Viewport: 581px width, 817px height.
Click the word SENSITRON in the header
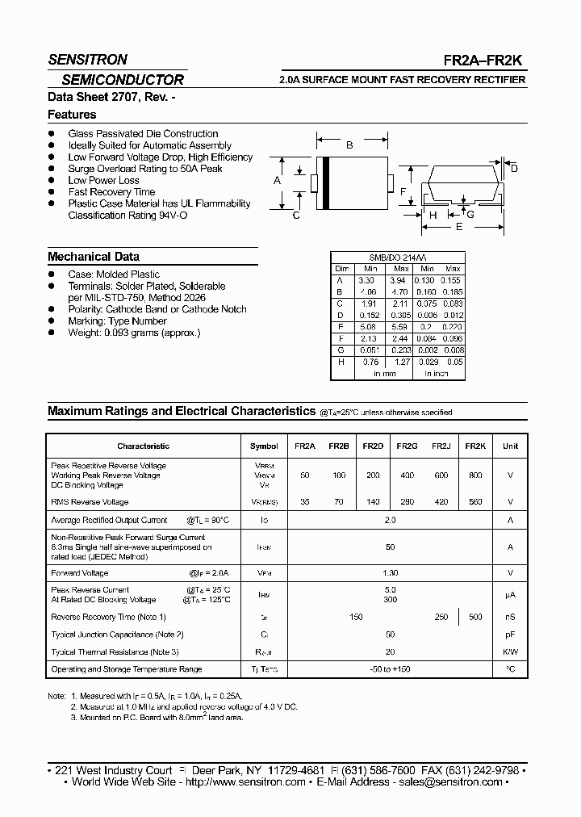tap(87, 60)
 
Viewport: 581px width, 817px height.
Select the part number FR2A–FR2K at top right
tap(495, 61)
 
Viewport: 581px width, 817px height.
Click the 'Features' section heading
tap(72, 115)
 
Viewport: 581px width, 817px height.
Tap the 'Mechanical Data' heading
tap(93, 257)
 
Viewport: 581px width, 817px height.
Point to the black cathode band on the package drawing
tap(326, 182)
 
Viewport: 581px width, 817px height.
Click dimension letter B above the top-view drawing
tap(349, 146)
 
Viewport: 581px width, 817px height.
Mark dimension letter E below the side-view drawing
tap(459, 228)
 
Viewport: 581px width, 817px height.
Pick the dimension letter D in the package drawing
tap(514, 168)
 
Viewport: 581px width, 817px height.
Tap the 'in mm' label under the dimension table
tap(384, 374)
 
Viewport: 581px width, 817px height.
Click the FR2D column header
tap(373, 446)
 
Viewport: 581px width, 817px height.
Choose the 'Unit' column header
tap(510, 446)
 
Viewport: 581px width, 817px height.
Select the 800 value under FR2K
tap(475, 476)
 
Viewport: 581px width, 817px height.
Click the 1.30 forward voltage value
tap(390, 573)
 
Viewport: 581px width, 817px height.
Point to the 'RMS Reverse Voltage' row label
tap(90, 501)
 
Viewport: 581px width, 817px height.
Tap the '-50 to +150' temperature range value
tap(390, 669)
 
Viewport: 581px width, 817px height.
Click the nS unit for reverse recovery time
tap(510, 617)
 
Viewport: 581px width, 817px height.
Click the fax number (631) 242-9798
tap(485, 770)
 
